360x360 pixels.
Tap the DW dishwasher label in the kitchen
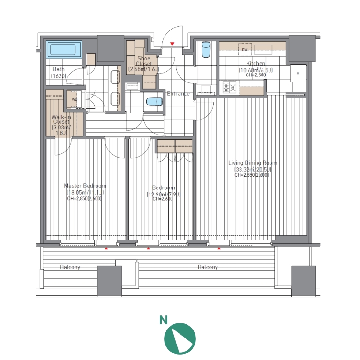pos(245,50)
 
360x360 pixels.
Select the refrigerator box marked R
pos(298,73)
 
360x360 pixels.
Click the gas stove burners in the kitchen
pos(229,88)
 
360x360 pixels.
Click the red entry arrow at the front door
pos(172,44)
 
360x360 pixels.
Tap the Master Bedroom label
pos(85,186)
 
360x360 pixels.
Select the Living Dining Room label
pos(253,163)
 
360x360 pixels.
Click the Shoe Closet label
pos(144,61)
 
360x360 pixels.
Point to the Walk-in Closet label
pos(61,120)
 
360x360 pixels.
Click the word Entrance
pos(179,94)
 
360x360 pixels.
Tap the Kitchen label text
pos(255,63)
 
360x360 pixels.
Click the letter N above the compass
pos(164,320)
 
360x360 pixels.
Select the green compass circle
pos(180,338)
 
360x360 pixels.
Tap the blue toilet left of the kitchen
pos(206,49)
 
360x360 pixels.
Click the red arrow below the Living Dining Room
pos(219,248)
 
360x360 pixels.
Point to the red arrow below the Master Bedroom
pos(106,248)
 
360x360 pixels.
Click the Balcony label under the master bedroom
pos(70,267)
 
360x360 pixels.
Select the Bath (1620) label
pos(59,72)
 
